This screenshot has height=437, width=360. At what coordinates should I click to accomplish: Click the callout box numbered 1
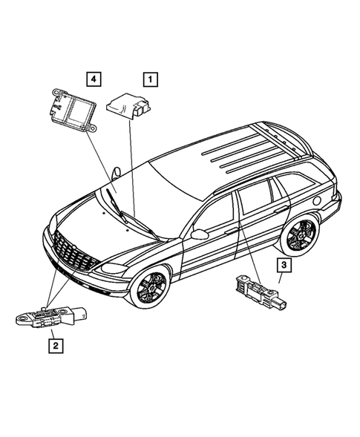coord(149,77)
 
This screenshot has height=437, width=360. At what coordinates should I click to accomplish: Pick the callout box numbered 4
coord(92,77)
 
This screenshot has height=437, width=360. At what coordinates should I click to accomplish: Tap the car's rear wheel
coord(300,237)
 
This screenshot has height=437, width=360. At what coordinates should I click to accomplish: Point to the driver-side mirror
coord(198,234)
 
